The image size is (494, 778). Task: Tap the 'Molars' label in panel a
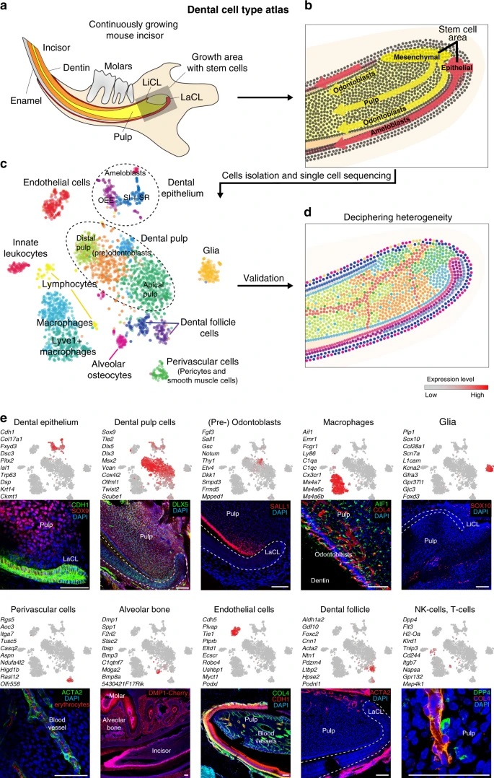pyautogui.click(x=144, y=64)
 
